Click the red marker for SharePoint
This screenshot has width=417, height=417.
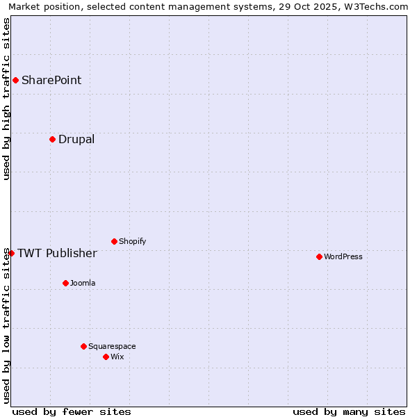pyautogui.click(x=15, y=80)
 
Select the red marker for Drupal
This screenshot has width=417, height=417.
pyautogui.click(x=52, y=139)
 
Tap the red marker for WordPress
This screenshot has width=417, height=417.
pyautogui.click(x=319, y=256)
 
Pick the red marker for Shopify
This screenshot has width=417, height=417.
pyautogui.click(x=114, y=241)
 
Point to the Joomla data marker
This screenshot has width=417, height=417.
pyautogui.click(x=65, y=283)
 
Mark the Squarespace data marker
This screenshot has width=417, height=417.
pyautogui.click(x=83, y=346)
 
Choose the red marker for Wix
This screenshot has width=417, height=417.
pyautogui.click(x=106, y=357)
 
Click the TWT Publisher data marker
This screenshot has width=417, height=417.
pyautogui.click(x=11, y=253)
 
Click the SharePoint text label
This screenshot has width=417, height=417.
pyautogui.click(x=51, y=80)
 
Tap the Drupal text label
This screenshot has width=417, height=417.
pyautogui.click(x=76, y=139)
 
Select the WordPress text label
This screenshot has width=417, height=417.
pyautogui.click(x=343, y=256)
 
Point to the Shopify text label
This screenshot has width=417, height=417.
pyautogui.click(x=133, y=241)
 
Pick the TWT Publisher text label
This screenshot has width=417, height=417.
pyautogui.click(x=57, y=253)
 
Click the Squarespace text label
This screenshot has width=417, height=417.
pyautogui.click(x=112, y=346)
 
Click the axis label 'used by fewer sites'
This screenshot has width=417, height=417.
pyautogui.click(x=72, y=411)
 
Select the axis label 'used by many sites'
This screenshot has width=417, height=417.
pyautogui.click(x=349, y=411)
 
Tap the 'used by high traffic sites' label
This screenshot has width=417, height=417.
pyautogui.click(x=6, y=99)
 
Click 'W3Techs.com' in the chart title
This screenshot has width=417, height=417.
pyautogui.click(x=373, y=6)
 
